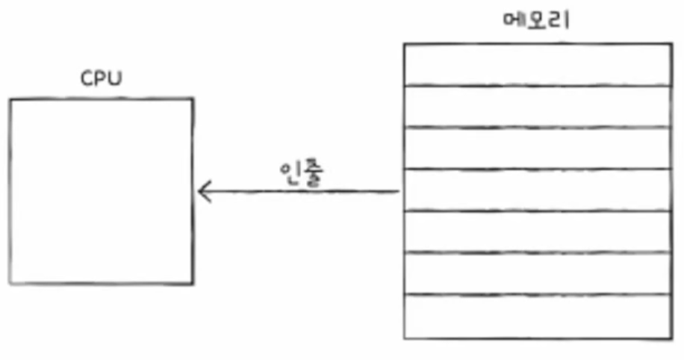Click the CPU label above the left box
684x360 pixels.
(101, 79)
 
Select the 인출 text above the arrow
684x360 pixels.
(299, 176)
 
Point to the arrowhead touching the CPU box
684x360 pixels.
(202, 192)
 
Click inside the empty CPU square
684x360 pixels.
(101, 191)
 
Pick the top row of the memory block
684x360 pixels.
(538, 65)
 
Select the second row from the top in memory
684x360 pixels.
(538, 107)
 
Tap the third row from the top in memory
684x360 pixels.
(538, 149)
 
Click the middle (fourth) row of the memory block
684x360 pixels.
(538, 190)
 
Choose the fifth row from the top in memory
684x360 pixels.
(538, 232)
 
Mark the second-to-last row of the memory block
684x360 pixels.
(538, 274)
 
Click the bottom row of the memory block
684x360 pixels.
(538, 317)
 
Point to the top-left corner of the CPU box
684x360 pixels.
(11, 99)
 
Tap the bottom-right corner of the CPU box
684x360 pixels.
(193, 284)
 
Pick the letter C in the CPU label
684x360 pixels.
(86, 79)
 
